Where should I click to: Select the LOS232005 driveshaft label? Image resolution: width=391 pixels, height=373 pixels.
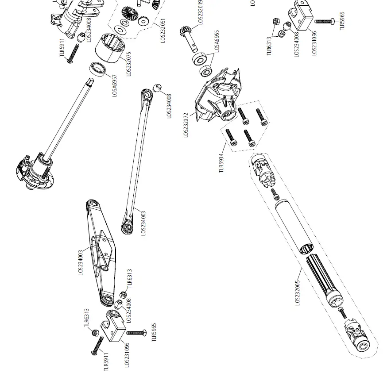pos(297,292)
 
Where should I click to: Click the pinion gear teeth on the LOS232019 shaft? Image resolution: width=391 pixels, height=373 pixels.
pos(186,32)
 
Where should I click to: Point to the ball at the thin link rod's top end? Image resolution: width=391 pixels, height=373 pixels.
pos(157,88)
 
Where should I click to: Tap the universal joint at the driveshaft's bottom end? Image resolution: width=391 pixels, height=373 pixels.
pos(357,335)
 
